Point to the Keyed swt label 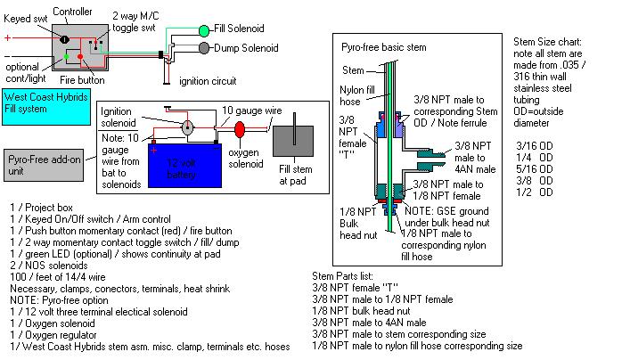pyautogui.click(x=27, y=17)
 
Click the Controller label pyautogui.click(x=72, y=11)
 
